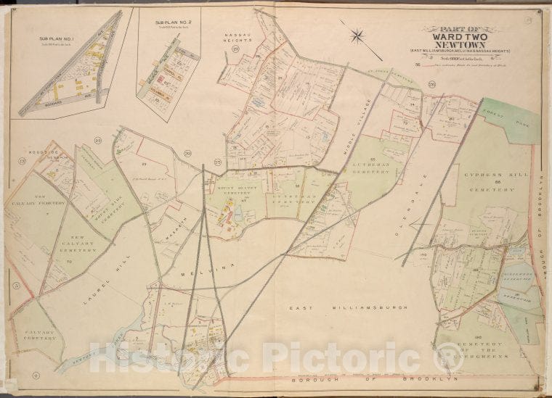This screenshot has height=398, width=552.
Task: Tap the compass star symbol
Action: [359, 34]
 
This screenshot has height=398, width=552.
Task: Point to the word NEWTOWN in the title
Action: [454, 43]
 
